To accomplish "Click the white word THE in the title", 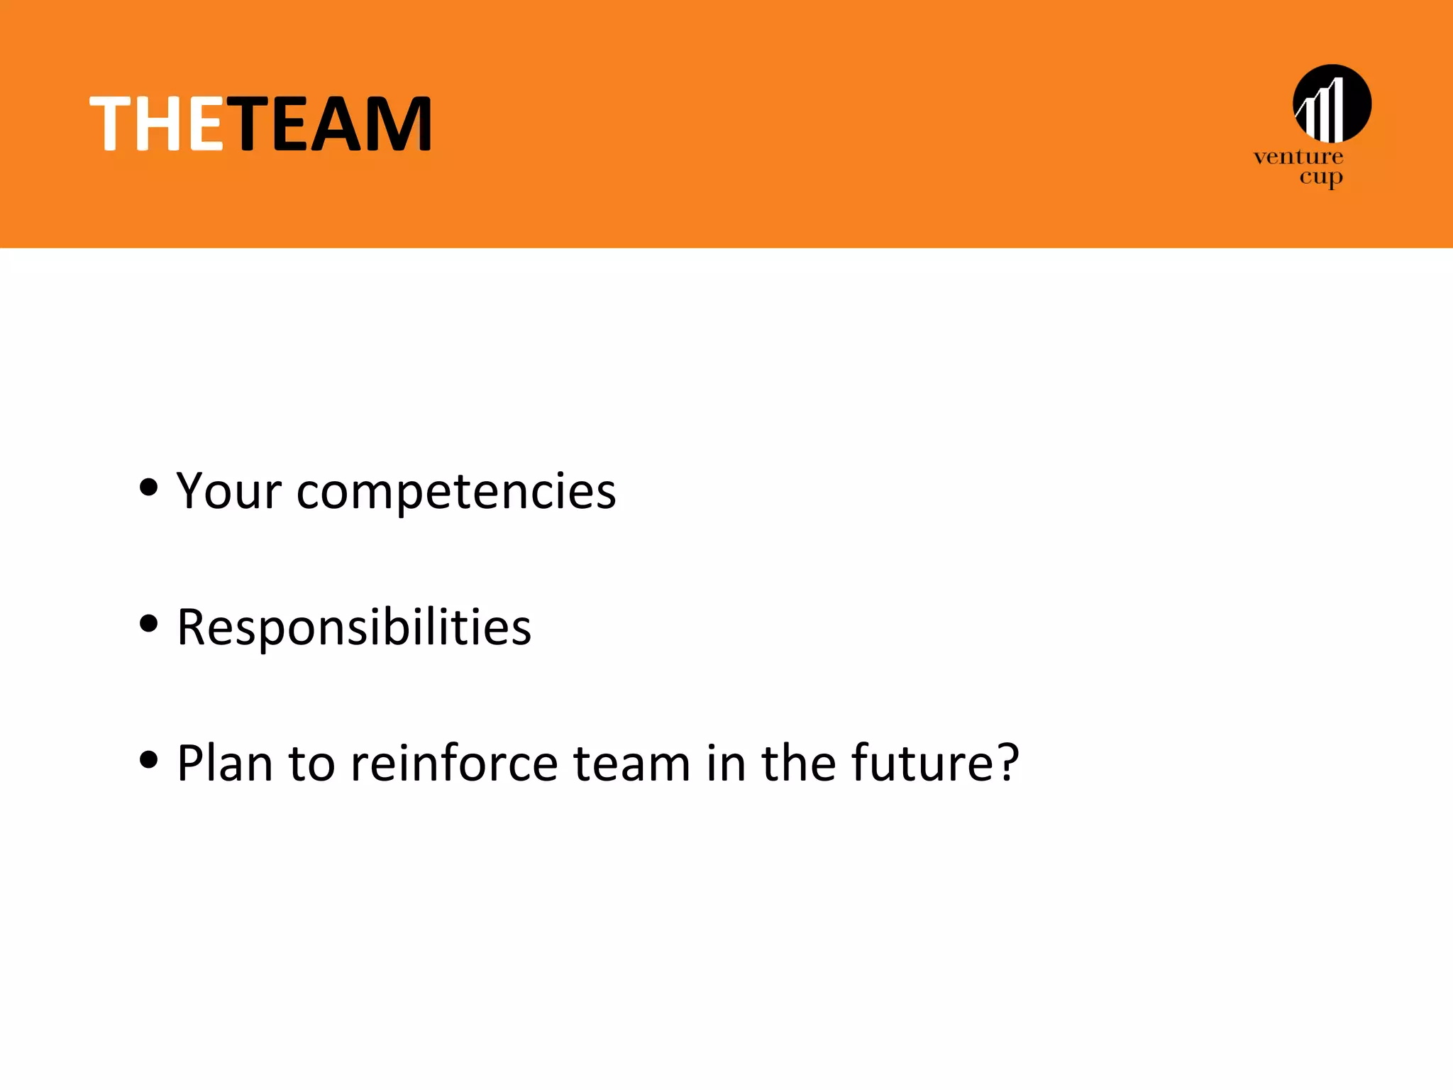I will pos(157,124).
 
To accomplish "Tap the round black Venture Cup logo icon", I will pos(1332,104).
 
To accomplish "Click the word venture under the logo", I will pos(1298,157).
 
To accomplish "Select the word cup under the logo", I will pos(1320,177).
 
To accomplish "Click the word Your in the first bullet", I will pos(229,490).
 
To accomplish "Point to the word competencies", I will pos(456,492).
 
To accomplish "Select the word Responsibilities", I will pos(354,627).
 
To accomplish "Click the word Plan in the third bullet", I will pos(225,763).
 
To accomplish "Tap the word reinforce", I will pos(454,763).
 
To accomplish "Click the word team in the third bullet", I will pos(631,763).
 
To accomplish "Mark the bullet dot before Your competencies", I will pos(149,488).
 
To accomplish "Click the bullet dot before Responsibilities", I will pos(149,624).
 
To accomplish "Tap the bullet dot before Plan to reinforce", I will pos(149,760).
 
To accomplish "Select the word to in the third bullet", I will pos(311,763).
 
